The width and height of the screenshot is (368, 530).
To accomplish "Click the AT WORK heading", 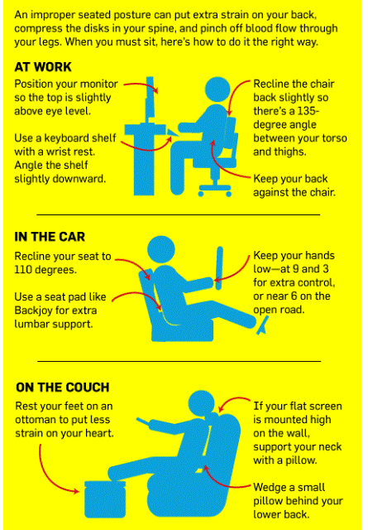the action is click(43, 67).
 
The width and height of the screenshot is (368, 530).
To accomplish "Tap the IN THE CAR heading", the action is click(50, 237).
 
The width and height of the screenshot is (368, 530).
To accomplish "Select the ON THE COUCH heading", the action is click(63, 387).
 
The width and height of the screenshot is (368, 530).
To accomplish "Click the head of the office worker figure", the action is click(217, 89).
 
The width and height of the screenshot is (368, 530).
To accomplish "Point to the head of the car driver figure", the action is click(161, 249).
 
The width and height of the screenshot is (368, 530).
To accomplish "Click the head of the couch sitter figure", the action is click(202, 403).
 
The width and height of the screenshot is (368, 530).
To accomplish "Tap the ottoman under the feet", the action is click(105, 499).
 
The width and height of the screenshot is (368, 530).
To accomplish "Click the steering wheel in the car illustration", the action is click(219, 268).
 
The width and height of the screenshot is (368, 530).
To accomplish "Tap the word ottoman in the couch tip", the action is click(36, 420).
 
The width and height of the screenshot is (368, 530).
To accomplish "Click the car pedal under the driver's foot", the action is click(263, 325).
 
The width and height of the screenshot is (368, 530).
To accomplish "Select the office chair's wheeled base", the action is click(215, 190).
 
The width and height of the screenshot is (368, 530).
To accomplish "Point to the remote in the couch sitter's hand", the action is click(143, 422).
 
